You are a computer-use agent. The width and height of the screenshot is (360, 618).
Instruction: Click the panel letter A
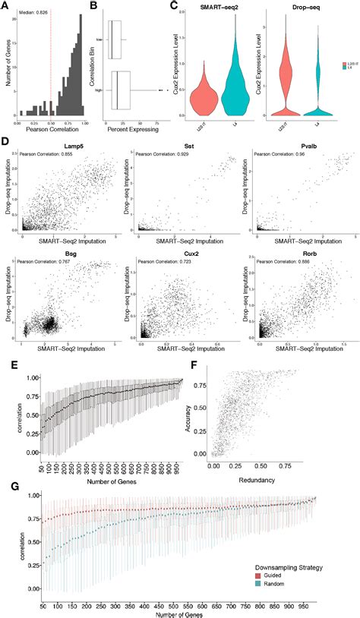tap(5, 7)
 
